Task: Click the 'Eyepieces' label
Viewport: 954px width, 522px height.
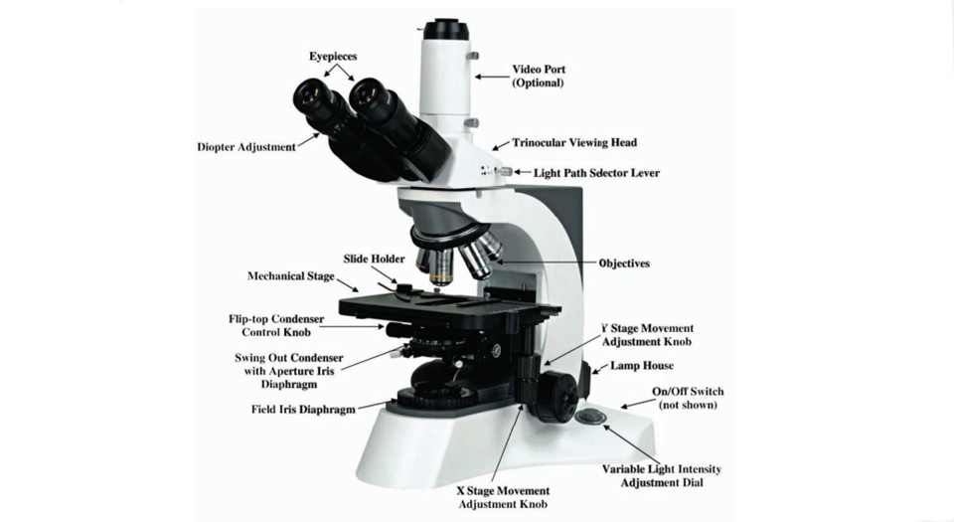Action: (x=333, y=57)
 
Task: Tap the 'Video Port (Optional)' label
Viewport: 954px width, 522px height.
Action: (x=539, y=76)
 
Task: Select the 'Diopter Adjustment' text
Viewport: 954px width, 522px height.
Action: (x=246, y=146)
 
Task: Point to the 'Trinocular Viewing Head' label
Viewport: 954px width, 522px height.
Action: (x=574, y=143)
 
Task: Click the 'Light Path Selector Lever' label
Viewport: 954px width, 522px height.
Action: (x=596, y=173)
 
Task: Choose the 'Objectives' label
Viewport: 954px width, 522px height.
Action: (x=624, y=263)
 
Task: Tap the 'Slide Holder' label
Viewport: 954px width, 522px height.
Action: (x=374, y=260)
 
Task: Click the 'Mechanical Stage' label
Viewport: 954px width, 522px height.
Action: (x=291, y=276)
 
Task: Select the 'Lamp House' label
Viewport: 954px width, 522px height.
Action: (x=642, y=366)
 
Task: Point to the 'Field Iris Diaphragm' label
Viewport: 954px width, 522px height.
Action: (x=303, y=410)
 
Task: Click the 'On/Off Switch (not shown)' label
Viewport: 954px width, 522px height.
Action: (x=688, y=398)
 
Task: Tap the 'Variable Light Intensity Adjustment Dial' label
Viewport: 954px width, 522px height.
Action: (x=662, y=475)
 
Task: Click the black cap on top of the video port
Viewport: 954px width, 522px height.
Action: (x=446, y=29)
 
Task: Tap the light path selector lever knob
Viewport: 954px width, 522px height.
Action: (x=505, y=172)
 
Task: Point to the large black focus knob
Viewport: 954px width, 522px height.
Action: (x=556, y=397)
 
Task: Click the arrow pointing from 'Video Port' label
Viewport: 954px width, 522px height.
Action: (x=492, y=77)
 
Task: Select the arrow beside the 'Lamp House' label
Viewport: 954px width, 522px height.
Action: (x=600, y=368)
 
